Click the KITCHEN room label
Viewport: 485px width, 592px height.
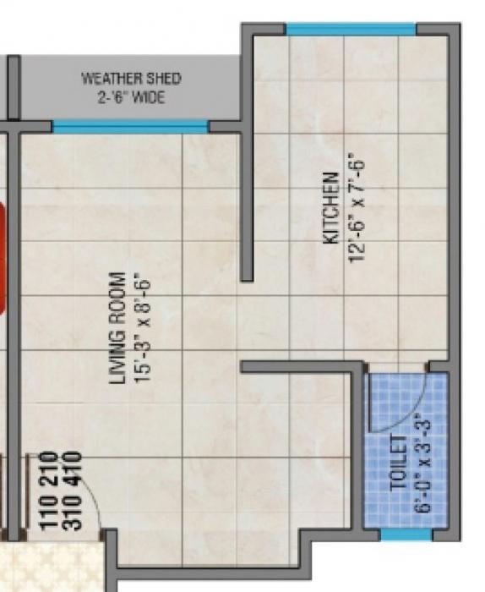click(332, 209)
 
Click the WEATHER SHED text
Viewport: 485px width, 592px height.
click(131, 79)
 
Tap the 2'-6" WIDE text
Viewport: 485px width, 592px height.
click(131, 98)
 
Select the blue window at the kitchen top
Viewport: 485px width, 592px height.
click(351, 30)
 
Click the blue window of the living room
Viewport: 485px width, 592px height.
click(130, 127)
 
